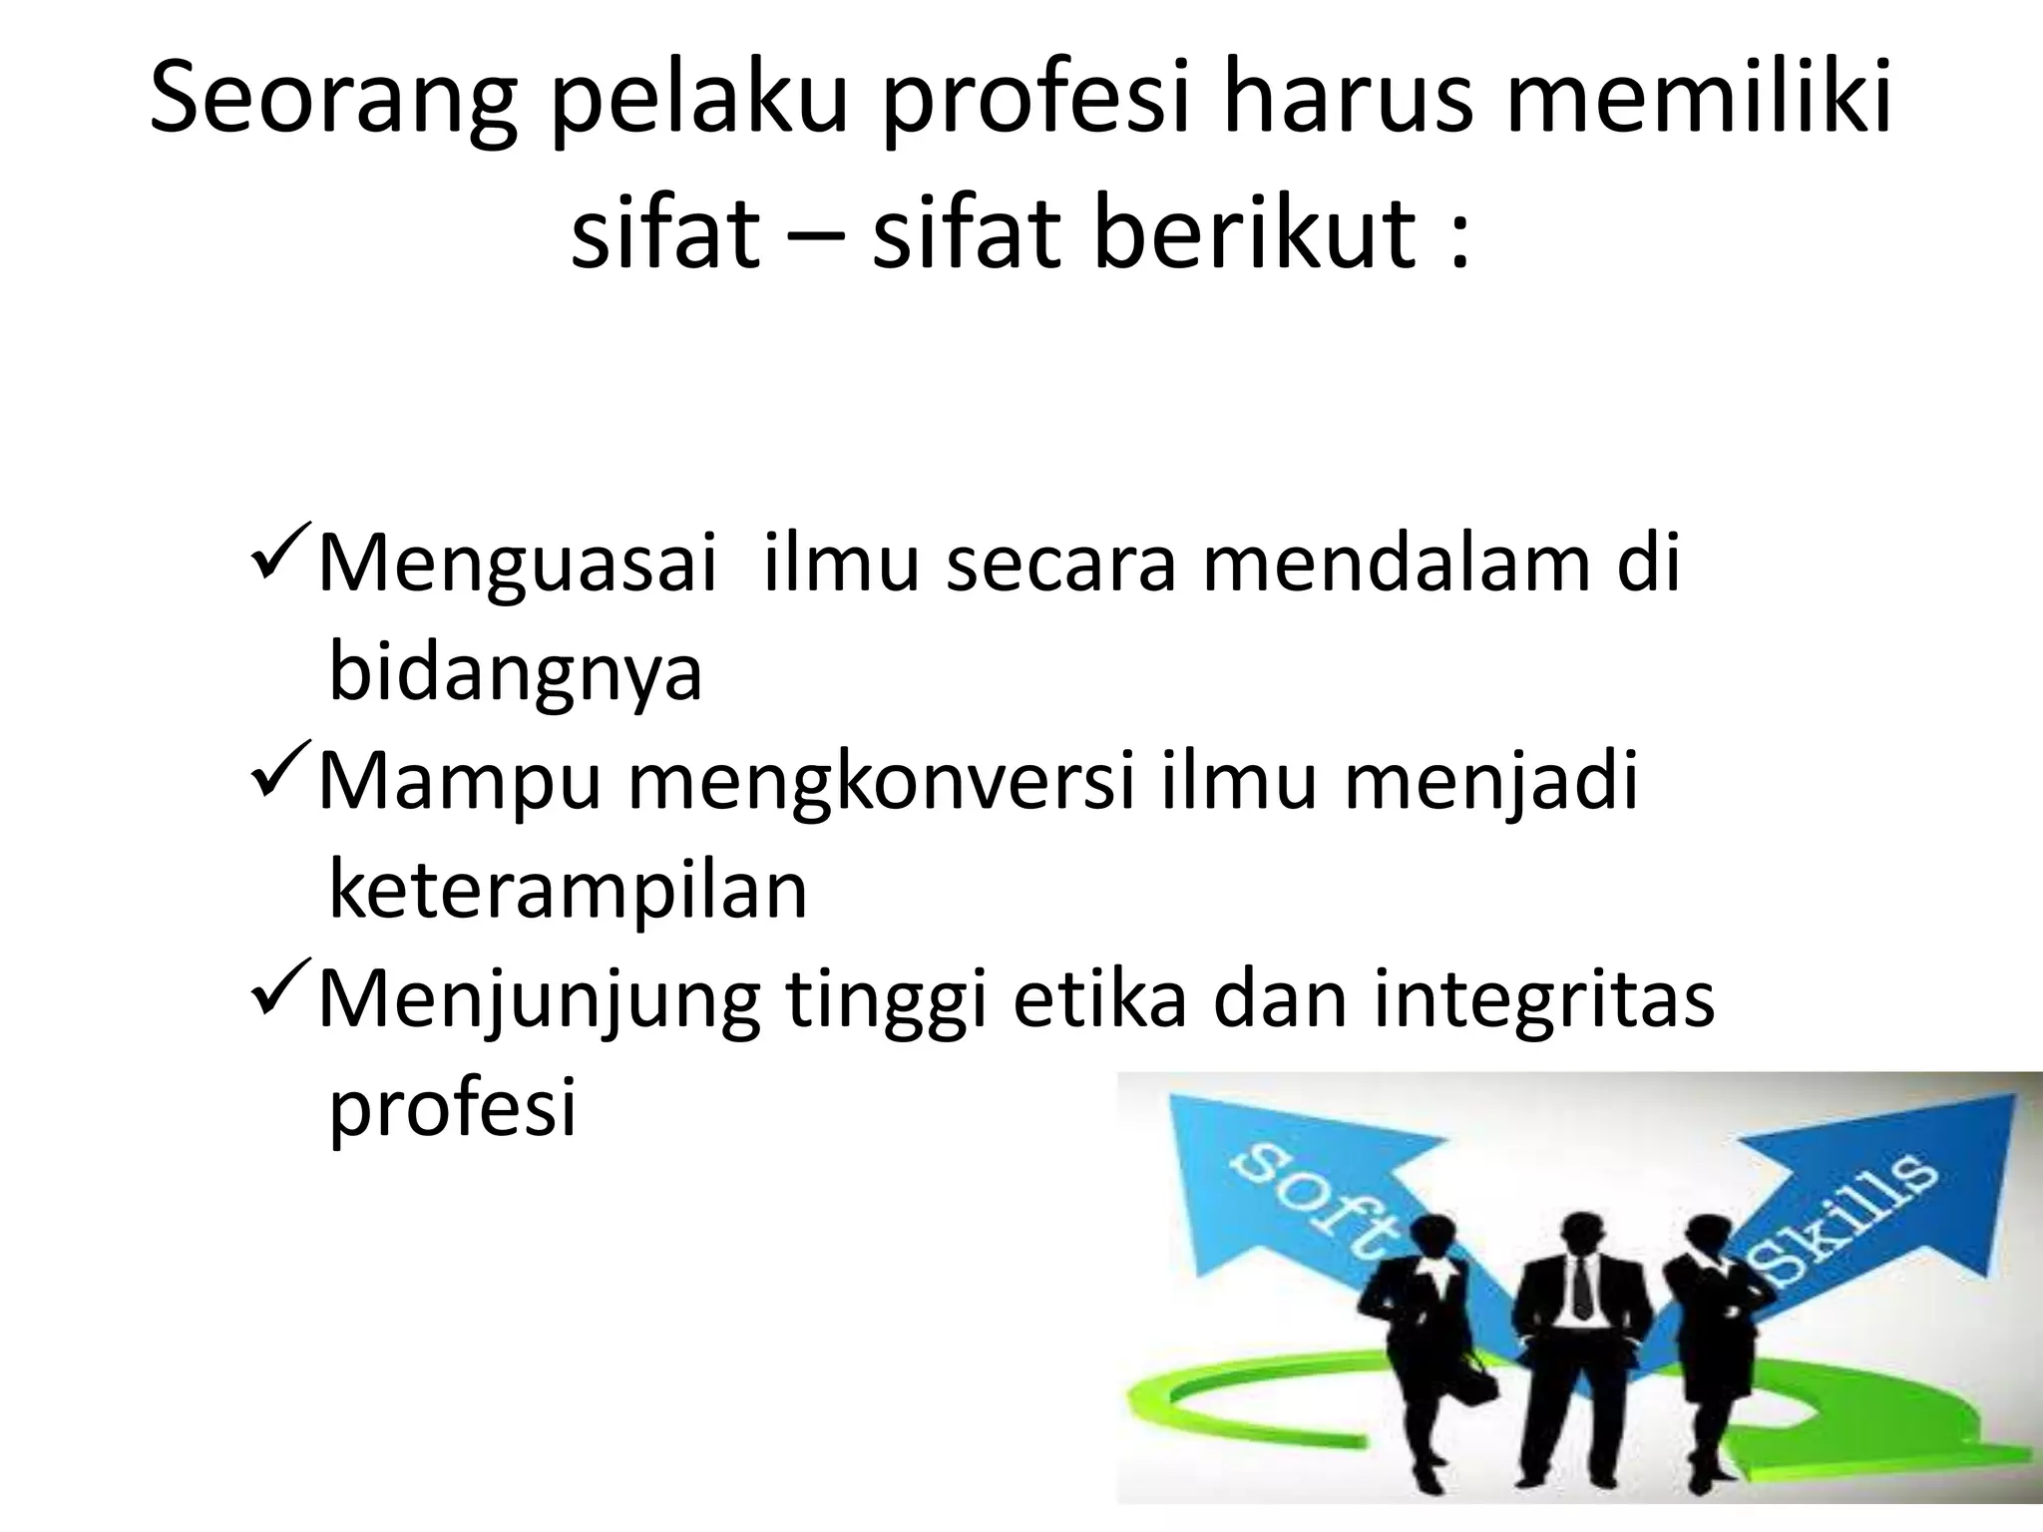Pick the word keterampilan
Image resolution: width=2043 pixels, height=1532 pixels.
point(568,891)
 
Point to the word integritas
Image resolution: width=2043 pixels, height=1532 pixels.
point(1543,1000)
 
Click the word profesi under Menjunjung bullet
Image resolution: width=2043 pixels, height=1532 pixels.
point(453,1109)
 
